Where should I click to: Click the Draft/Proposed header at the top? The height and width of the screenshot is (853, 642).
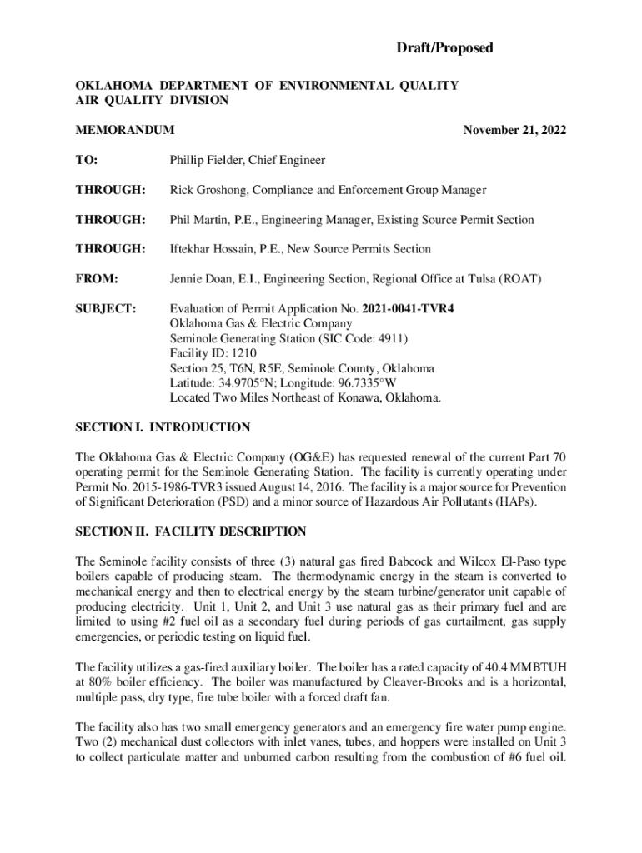click(444, 48)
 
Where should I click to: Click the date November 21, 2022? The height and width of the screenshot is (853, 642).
click(514, 130)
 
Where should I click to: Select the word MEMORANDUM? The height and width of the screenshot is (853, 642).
click(125, 130)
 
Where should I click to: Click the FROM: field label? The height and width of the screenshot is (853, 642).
click(97, 279)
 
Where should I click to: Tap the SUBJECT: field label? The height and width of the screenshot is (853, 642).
click(105, 309)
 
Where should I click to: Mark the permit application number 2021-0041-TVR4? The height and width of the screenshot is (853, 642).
click(409, 309)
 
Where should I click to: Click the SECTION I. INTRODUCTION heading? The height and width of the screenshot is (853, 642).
click(163, 427)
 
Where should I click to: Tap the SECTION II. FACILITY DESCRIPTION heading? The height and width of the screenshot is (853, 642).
click(191, 531)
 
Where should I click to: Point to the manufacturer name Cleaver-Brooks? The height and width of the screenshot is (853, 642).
click(451, 681)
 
